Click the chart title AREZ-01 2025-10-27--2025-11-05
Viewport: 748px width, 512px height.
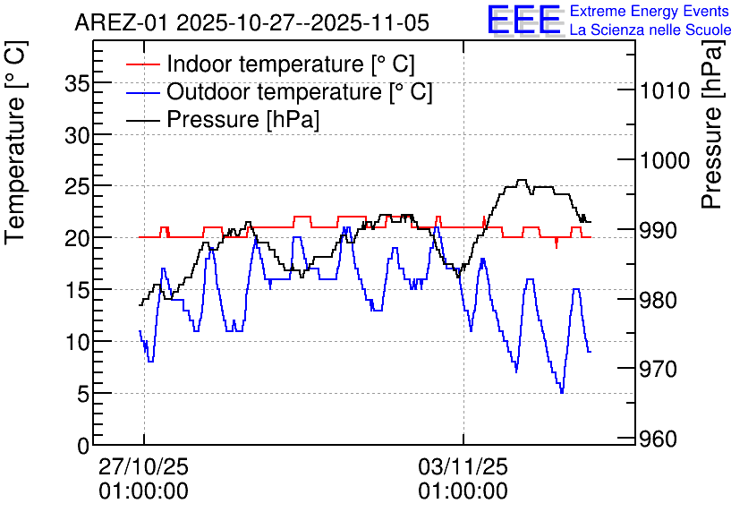(x=251, y=22)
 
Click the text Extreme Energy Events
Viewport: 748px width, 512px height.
(x=650, y=12)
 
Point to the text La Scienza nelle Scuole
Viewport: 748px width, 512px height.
(x=650, y=30)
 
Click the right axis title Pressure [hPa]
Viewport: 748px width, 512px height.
(x=712, y=134)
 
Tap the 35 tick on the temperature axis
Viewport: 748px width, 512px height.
(x=78, y=83)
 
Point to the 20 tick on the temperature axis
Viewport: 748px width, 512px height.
(x=78, y=238)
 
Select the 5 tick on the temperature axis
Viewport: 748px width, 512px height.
(x=83, y=394)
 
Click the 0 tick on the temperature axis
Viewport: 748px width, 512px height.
(x=83, y=445)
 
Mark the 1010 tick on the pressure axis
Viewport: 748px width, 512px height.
(x=664, y=90)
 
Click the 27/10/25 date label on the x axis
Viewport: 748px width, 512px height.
(x=144, y=467)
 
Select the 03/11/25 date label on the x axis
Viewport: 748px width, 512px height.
(x=463, y=467)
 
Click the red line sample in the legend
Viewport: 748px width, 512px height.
(x=143, y=65)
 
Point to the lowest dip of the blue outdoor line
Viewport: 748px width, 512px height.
(x=562, y=392)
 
